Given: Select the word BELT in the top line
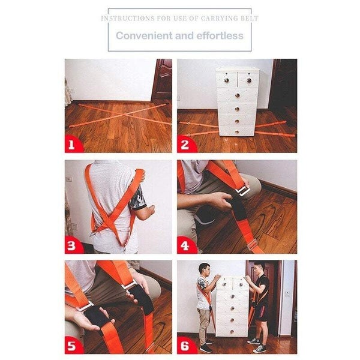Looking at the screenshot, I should click(249, 18).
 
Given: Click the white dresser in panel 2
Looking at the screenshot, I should click(238, 102).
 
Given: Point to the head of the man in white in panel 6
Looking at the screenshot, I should click(204, 268).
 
